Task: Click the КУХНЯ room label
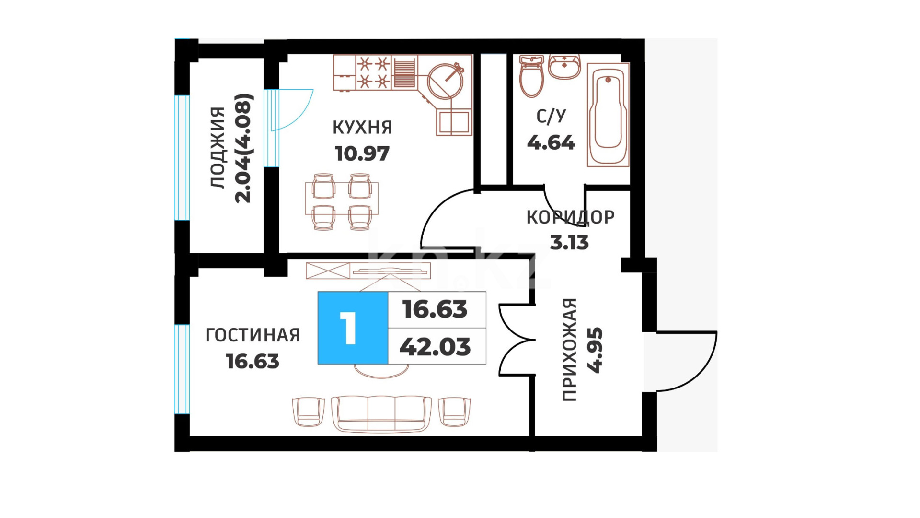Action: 362,128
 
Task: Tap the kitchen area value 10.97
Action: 362,154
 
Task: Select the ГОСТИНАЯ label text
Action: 253,335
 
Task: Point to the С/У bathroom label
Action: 551,116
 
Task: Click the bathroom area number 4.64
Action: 551,143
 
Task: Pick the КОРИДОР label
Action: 570,217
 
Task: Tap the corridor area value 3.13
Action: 569,243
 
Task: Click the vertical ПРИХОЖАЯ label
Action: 569,350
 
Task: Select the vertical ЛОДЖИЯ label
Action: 218,148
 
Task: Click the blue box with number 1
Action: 353,328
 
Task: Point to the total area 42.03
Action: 435,347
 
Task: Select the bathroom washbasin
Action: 564,67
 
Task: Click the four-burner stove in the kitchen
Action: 373,72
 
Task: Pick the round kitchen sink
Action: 445,81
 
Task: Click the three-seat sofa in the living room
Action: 381,414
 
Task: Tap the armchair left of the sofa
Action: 309,412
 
